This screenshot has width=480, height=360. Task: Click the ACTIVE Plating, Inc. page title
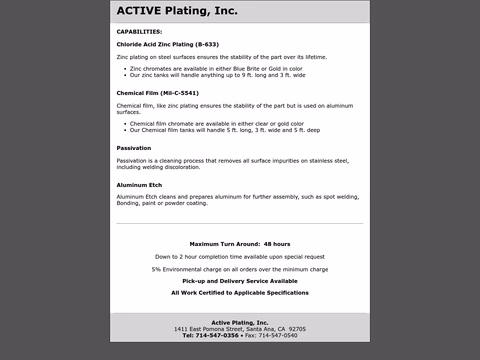click(177, 12)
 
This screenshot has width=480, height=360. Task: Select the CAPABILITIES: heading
click(139, 31)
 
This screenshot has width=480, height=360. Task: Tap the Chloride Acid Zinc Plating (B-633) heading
click(167, 44)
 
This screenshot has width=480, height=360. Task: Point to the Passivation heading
click(134, 148)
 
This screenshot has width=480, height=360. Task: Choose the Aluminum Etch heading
click(139, 185)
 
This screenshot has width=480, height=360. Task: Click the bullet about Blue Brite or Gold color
click(216, 68)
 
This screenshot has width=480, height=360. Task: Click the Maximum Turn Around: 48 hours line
click(240, 244)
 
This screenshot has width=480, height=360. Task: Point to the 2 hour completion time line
click(240, 257)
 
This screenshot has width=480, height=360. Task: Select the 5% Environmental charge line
click(240, 269)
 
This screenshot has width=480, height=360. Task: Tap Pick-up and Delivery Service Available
click(240, 281)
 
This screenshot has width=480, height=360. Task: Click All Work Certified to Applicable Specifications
click(240, 293)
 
